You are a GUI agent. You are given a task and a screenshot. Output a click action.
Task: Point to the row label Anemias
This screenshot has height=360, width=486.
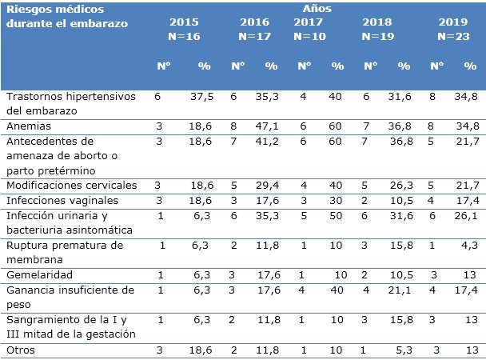click(x=28, y=126)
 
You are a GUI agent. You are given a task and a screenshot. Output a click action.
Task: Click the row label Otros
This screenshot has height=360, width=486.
click(x=20, y=349)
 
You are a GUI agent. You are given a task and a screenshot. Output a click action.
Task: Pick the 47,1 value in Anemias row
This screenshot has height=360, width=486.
click(x=271, y=126)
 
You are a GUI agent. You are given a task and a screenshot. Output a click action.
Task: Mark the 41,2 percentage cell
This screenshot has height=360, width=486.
click(x=271, y=141)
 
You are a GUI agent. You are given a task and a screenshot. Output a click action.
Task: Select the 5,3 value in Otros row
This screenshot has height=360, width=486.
click(x=404, y=349)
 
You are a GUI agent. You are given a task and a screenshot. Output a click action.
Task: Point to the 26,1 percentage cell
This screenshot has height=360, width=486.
click(x=469, y=214)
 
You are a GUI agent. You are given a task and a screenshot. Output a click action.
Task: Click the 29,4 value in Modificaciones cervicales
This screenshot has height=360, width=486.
click(x=271, y=185)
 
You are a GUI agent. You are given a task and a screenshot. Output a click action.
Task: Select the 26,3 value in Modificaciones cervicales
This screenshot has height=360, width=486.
click(x=404, y=185)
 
